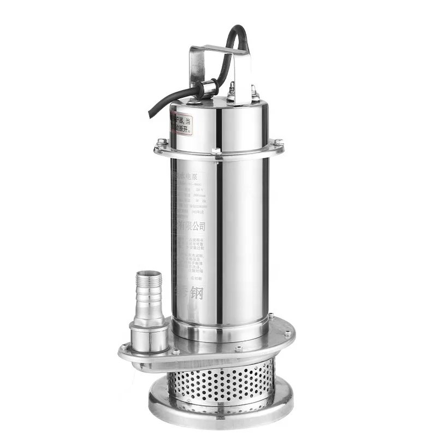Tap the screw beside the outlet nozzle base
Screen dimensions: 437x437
coord(126,346)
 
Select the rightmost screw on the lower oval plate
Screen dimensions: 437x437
coord(287,332)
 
